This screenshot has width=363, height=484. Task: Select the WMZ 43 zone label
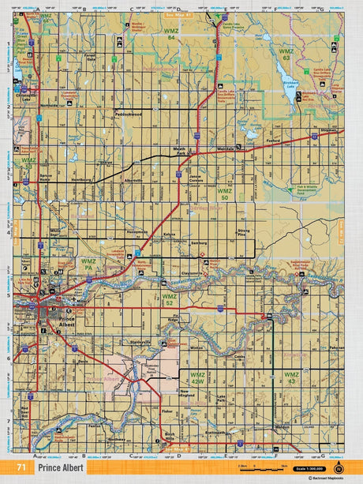[291, 377]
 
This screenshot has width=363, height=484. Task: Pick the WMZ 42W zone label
[197, 377]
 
